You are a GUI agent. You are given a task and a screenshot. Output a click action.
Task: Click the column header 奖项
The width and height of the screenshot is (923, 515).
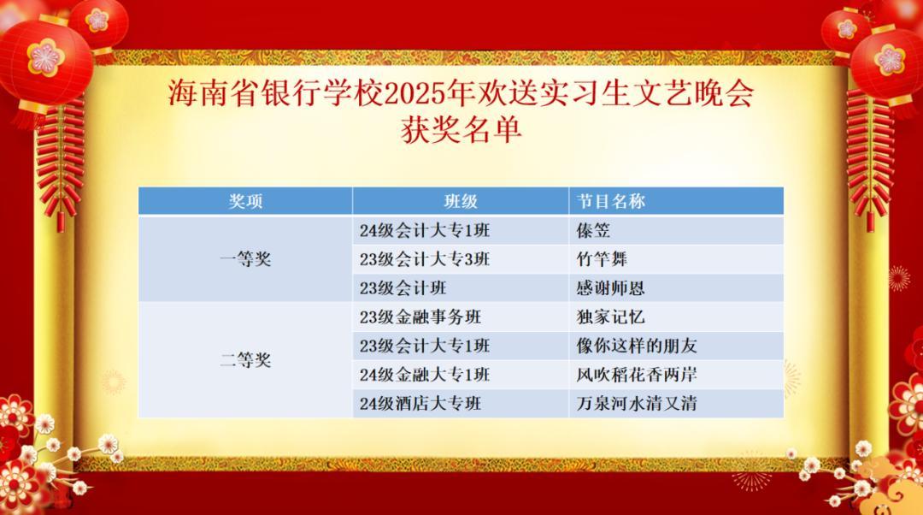click(x=245, y=202)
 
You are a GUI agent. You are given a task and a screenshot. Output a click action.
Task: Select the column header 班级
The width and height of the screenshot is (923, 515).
click(x=461, y=202)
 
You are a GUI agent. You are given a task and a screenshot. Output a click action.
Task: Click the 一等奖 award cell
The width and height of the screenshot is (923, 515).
click(x=245, y=258)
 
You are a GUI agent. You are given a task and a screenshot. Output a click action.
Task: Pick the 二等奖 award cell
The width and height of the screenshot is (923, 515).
click(x=245, y=360)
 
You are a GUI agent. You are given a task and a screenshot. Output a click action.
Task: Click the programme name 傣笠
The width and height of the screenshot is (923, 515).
click(x=593, y=230)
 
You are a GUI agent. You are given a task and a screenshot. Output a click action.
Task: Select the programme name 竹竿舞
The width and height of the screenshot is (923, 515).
click(x=603, y=259)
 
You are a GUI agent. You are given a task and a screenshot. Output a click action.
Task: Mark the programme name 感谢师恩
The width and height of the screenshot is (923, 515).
click(x=611, y=288)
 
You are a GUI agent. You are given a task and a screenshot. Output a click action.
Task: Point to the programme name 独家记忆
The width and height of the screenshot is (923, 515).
click(x=611, y=317)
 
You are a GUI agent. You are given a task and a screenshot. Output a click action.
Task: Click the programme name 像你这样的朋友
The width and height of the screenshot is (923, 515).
click(x=637, y=346)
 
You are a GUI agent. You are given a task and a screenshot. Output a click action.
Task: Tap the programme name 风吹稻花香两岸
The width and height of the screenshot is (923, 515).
click(x=637, y=375)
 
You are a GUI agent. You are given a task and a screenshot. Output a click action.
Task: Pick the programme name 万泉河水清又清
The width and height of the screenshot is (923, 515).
click(x=637, y=404)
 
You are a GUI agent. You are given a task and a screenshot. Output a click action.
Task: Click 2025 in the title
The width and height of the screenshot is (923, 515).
click(x=414, y=94)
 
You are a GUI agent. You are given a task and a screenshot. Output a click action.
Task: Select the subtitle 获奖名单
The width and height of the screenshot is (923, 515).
click(x=461, y=130)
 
